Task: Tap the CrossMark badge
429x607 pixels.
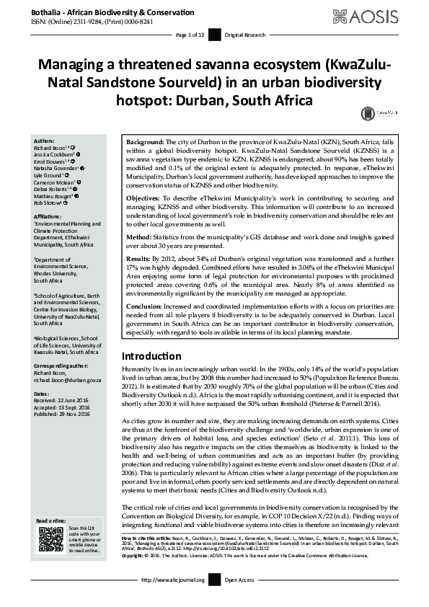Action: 369,113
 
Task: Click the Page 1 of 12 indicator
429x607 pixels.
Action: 191,35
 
